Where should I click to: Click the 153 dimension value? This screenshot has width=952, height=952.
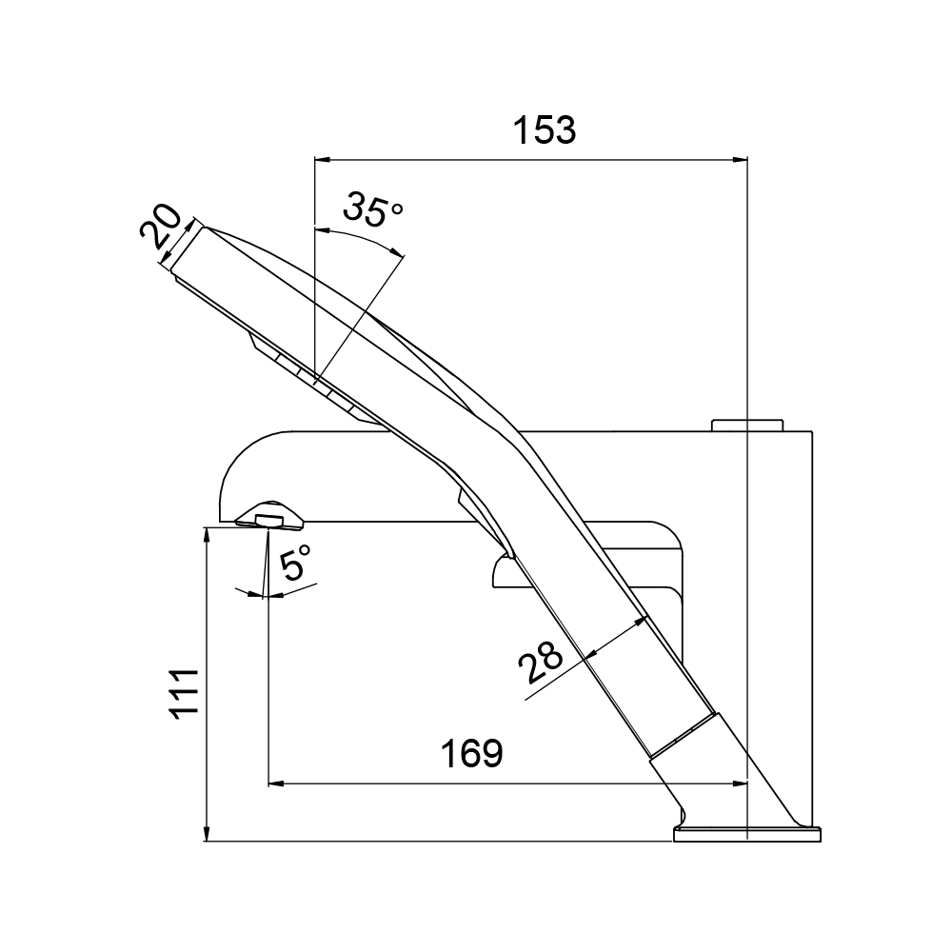pyautogui.click(x=544, y=129)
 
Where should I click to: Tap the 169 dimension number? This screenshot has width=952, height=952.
pyautogui.click(x=472, y=753)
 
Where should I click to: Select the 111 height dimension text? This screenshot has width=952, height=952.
pyautogui.click(x=185, y=694)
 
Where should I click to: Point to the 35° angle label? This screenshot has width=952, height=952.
pyautogui.click(x=372, y=208)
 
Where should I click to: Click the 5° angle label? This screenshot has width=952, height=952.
pyautogui.click(x=296, y=562)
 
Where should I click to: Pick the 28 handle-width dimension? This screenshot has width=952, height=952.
pyautogui.click(x=541, y=662)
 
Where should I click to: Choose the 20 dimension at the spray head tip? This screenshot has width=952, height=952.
pyautogui.click(x=160, y=227)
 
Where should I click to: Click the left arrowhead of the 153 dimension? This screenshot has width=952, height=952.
pyautogui.click(x=322, y=160)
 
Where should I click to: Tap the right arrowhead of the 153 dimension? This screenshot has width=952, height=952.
pyautogui.click(x=740, y=160)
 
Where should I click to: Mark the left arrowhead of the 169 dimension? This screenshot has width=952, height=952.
pyautogui.click(x=276, y=783)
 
